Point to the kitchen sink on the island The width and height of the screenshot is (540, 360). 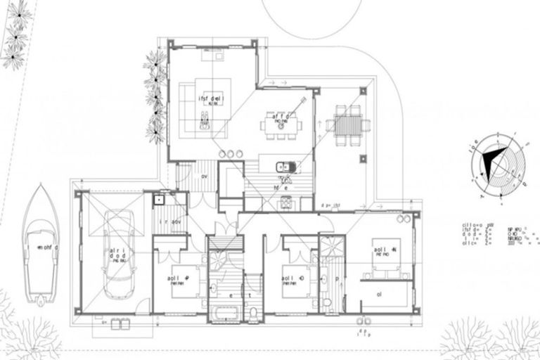click(x=284, y=167)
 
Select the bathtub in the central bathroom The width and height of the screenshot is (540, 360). click(x=224, y=313)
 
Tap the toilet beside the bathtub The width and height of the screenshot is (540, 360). click(x=254, y=311)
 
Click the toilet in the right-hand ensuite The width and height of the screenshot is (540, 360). click(x=328, y=303)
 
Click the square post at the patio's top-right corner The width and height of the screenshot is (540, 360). click(x=364, y=91)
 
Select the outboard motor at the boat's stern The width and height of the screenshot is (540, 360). click(x=41, y=301)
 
